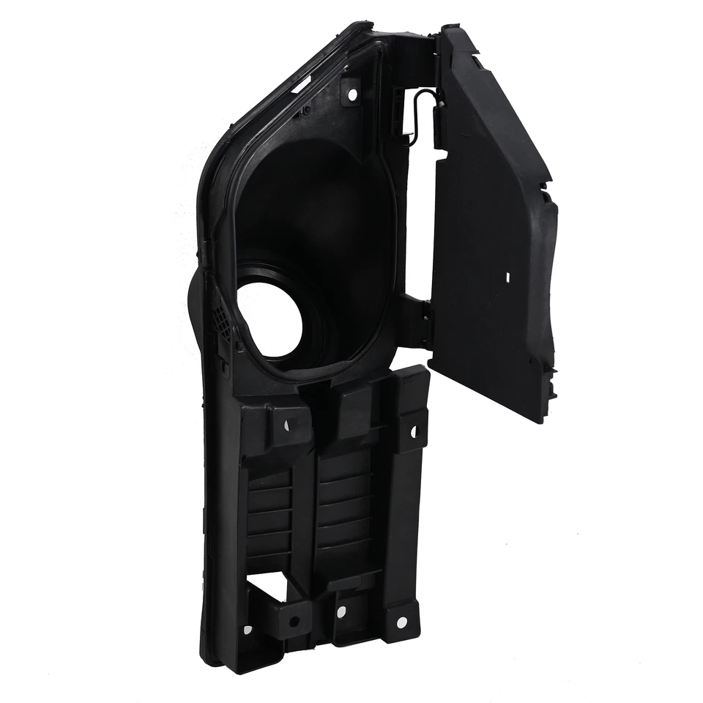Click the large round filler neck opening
tap(269, 320)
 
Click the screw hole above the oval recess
tap(351, 94)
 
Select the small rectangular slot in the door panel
tap(507, 278)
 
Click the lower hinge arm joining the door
tap(417, 322)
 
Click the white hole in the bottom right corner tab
tap(401, 622)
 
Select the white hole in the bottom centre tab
tap(341, 607)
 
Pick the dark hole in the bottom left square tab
tap(294, 621)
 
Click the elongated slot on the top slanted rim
tap(300, 87)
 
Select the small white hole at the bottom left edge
tap(247, 629)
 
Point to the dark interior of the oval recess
tap(322, 220)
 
